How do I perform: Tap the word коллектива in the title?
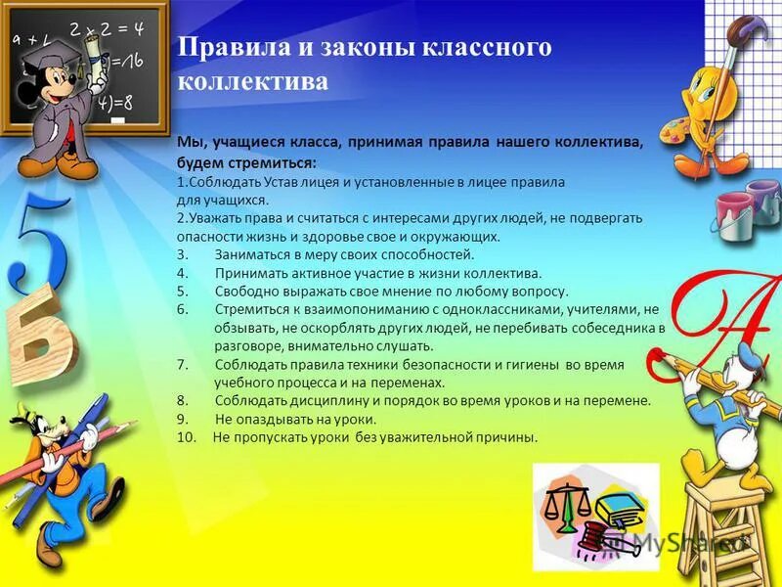pos(252,81)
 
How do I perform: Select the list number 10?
pos(188,437)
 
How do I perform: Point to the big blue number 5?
pos(39,245)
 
